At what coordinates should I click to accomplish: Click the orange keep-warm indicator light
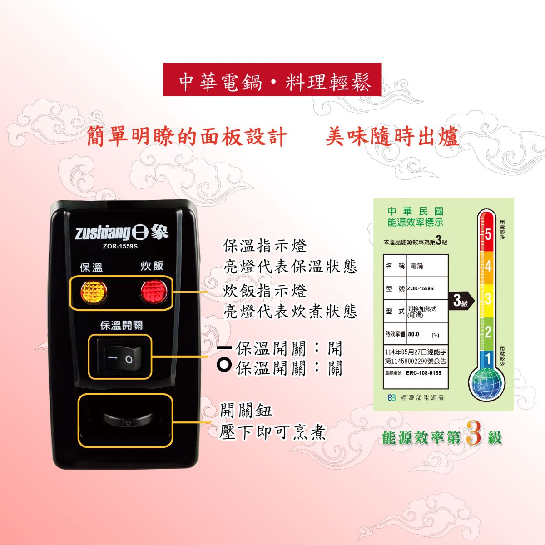[94, 292]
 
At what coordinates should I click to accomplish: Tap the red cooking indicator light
[154, 291]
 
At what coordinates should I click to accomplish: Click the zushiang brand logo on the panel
[122, 233]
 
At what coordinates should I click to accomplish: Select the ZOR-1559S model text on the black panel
[120, 246]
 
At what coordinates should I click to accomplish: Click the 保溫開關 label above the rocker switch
[122, 325]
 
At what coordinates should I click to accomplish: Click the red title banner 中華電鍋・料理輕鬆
[272, 79]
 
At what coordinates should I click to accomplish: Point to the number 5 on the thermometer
[488, 234]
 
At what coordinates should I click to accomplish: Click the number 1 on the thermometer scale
[488, 359]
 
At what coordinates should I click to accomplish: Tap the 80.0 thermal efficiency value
[413, 334]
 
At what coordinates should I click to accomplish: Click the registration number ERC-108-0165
[423, 373]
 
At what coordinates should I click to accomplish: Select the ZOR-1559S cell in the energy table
[420, 288]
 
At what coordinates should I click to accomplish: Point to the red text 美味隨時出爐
[391, 137]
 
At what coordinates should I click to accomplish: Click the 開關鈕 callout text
[246, 411]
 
